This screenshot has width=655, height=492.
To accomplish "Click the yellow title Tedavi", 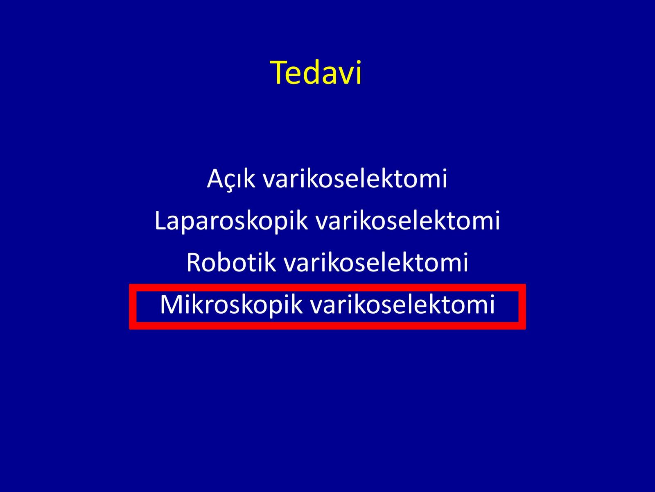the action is click(x=316, y=73).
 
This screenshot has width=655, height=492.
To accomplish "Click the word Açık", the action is click(x=231, y=179).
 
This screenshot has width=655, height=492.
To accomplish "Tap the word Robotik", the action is click(x=231, y=262).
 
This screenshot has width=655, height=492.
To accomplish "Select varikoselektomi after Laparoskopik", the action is click(x=408, y=221).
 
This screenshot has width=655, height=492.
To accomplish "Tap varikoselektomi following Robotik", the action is click(x=375, y=262).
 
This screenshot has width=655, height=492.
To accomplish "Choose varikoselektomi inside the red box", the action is click(x=402, y=304).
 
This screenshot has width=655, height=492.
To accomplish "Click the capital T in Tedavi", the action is click(x=278, y=73).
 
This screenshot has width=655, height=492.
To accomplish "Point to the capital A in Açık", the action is click(x=216, y=178).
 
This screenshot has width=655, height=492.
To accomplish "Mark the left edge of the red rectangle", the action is click(x=133, y=307).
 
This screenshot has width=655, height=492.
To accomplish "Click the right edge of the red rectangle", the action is click(x=522, y=307).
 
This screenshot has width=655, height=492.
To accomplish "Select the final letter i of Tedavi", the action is click(x=359, y=73).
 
